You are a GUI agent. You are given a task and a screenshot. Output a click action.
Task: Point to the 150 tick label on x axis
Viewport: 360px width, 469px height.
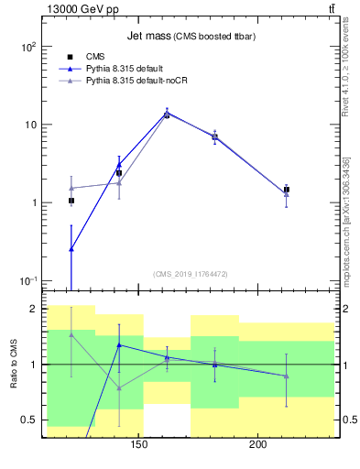click(139, 445)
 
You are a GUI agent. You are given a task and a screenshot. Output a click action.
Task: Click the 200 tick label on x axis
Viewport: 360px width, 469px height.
click(258, 445)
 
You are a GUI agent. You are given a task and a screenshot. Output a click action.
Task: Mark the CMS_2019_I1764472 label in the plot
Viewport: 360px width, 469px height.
click(191, 273)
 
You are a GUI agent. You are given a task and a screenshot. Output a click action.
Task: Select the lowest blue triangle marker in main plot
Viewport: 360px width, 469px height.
click(71, 248)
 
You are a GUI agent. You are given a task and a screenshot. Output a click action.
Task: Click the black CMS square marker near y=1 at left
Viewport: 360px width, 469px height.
click(71, 201)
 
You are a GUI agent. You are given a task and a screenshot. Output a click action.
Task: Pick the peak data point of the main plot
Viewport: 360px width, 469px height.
click(167, 115)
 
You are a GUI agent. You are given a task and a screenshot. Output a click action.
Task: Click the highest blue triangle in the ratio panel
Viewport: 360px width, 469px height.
click(119, 345)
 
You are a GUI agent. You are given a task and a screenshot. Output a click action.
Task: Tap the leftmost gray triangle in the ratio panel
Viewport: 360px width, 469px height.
click(71, 334)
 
